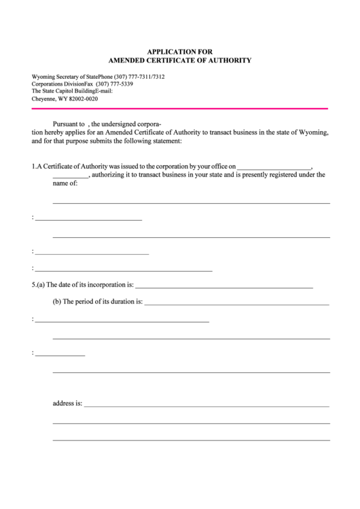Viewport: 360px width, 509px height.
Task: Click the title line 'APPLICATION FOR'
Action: [x=180, y=51]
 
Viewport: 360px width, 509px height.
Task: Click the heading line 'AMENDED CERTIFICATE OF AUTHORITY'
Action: [x=180, y=60]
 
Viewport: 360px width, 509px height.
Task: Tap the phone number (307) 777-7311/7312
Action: [x=139, y=77]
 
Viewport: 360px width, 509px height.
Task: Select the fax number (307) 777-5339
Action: [x=114, y=84]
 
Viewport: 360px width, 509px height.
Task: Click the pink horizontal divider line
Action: [x=180, y=108]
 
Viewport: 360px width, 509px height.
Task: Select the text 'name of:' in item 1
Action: [x=65, y=183]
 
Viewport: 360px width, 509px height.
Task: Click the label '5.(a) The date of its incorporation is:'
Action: [x=83, y=285]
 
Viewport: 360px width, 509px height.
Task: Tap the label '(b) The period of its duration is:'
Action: [x=98, y=301]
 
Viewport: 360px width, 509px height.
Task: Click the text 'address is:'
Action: [x=67, y=403]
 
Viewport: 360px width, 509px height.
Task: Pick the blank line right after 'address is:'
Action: [x=206, y=405]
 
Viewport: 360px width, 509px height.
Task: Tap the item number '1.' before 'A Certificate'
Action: [x=34, y=166]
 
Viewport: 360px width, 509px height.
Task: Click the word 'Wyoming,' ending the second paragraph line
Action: [x=313, y=133]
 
